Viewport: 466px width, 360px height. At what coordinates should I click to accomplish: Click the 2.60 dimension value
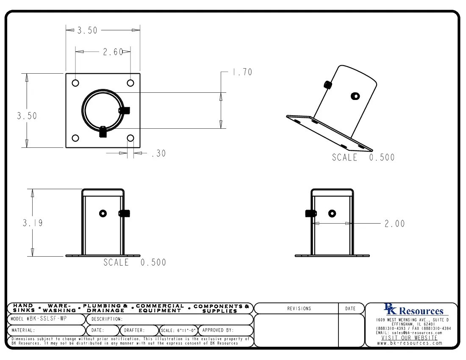point(113,52)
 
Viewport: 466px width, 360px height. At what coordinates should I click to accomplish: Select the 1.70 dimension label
point(241,72)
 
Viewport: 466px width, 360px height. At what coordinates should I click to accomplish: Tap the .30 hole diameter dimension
point(158,154)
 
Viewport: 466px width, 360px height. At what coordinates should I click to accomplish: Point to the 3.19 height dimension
point(33,223)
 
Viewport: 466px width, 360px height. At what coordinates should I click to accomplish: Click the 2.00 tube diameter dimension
point(394,224)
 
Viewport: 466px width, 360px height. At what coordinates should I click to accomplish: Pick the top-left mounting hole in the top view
point(75,83)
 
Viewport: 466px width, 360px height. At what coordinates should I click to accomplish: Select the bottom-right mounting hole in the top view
point(130,138)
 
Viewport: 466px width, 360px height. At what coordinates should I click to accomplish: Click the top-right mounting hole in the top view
point(130,83)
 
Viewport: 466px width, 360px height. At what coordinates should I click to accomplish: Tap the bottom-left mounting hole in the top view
point(75,138)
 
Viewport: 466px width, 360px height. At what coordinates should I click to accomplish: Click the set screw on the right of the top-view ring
point(125,111)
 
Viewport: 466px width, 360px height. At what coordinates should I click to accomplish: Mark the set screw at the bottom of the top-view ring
point(103,132)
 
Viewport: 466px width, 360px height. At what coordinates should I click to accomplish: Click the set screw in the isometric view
point(327,85)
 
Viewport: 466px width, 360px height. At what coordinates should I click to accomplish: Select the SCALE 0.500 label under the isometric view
point(363,158)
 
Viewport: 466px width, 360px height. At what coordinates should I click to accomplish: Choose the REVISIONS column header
point(299,309)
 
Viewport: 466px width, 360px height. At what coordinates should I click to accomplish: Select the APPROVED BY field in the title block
point(218,330)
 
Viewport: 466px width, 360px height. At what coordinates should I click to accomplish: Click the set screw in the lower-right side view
point(309,213)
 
